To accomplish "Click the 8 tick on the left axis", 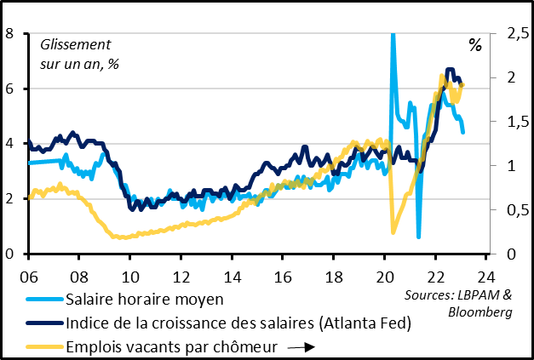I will [x=9, y=34].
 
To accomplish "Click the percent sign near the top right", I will [x=474, y=44].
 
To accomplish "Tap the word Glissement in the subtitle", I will [x=76, y=44].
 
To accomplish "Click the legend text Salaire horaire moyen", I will [x=144, y=299].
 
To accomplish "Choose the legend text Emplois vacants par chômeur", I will [x=171, y=346].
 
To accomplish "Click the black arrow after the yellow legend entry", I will [x=302, y=347].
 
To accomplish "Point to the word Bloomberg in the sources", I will [x=479, y=312].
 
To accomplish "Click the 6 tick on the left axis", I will [x=9, y=89].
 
